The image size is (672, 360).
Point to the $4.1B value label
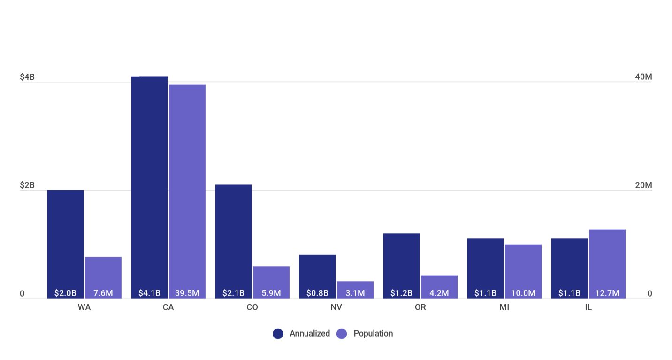click(149, 293)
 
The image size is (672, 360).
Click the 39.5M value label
click(187, 293)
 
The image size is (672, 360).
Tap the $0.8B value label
click(317, 293)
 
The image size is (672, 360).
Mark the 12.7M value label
click(607, 293)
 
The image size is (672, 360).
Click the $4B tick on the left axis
click(27, 77)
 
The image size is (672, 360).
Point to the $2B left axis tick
click(27, 185)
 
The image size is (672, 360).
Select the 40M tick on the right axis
click(643, 77)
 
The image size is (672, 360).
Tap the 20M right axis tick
click(643, 185)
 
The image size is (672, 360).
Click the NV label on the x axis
click(336, 308)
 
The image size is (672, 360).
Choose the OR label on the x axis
click(420, 308)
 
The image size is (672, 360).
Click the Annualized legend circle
click(278, 334)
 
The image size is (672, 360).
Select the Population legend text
click(373, 334)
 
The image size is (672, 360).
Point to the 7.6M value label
click(103, 293)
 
